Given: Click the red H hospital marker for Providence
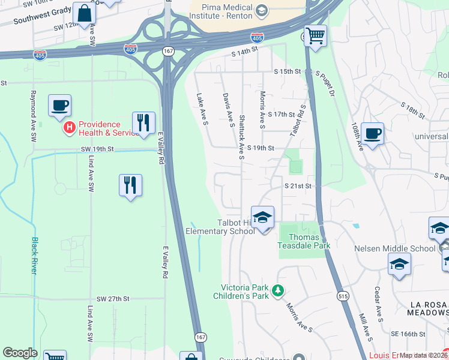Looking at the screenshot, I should pos(70,128).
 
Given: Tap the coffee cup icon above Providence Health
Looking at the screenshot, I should pos(59,106).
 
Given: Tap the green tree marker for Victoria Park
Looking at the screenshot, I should pos(277,291).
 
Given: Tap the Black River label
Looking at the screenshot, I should pos(34,256).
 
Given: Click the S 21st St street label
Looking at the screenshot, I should pos(298,187).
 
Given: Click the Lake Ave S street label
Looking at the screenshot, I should pos(202,109).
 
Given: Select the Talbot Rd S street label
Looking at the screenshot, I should pos(298,120).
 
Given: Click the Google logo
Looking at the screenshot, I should pos(20,353).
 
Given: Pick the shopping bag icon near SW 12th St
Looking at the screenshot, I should pos(84,13).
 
